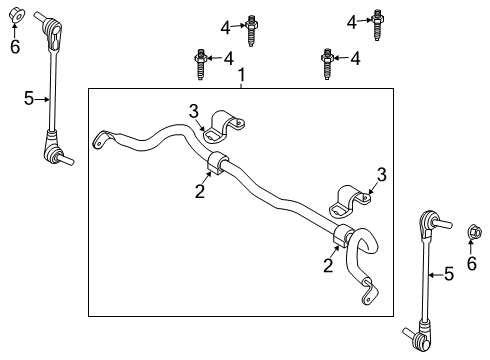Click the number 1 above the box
[240, 75]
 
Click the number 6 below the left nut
[15, 46]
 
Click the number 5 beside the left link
[29, 97]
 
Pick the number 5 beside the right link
[450, 273]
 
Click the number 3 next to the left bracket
[196, 110]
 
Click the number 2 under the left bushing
[200, 191]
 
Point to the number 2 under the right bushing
[327, 264]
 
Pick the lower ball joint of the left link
[50, 153]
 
